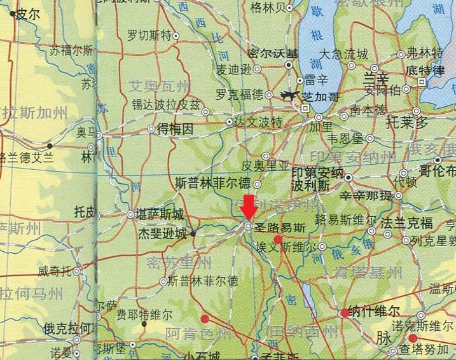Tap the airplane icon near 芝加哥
tap(290, 96)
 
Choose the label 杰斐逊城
tap(163, 233)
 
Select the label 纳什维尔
tap(375, 312)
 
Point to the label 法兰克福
tap(406, 223)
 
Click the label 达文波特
tap(258, 120)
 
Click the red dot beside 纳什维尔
tap(345, 312)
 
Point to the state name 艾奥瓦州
tap(159, 86)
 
